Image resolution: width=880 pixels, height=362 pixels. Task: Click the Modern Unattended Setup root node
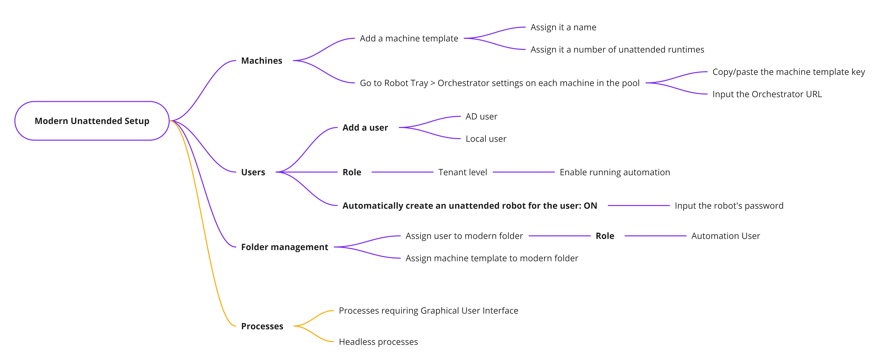(92, 121)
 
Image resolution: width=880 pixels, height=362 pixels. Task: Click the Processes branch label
(262, 326)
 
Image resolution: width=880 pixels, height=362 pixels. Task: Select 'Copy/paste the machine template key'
(788, 72)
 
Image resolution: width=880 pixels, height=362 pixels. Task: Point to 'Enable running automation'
(615, 172)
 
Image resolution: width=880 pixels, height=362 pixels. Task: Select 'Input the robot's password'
(729, 206)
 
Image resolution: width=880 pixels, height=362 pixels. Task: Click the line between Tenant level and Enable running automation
(524, 172)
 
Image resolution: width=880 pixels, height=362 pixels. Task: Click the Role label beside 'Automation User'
(605, 236)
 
